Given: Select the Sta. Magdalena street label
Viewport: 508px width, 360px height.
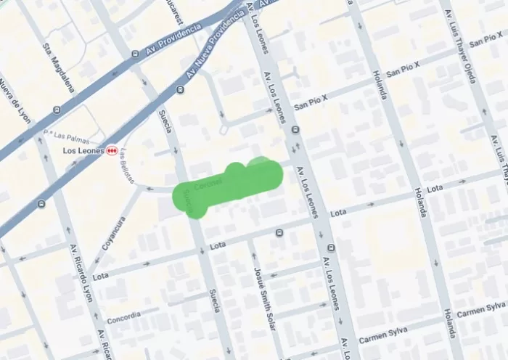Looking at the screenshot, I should point(59,67).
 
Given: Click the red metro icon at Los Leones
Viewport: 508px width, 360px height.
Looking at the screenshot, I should point(111,150).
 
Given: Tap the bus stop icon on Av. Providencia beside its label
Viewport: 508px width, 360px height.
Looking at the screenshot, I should point(135,53).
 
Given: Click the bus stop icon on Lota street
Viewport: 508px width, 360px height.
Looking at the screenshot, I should point(279,233).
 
